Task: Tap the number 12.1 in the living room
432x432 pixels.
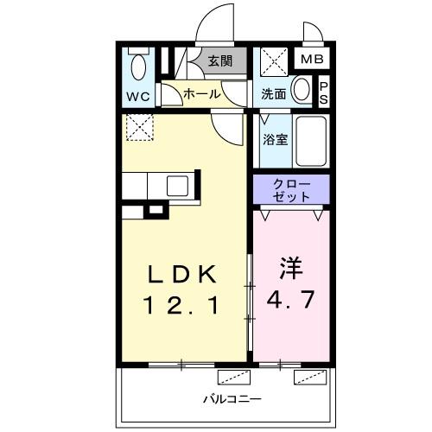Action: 182,305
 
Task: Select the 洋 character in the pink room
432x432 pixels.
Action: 290,267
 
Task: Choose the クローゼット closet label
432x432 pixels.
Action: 291,190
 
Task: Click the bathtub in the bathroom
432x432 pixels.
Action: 309,141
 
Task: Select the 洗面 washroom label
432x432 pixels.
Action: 274,94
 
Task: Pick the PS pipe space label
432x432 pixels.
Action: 324,91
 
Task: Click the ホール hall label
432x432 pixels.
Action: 201,94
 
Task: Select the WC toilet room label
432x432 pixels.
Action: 137,95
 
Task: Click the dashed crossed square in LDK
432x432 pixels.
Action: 138,128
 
